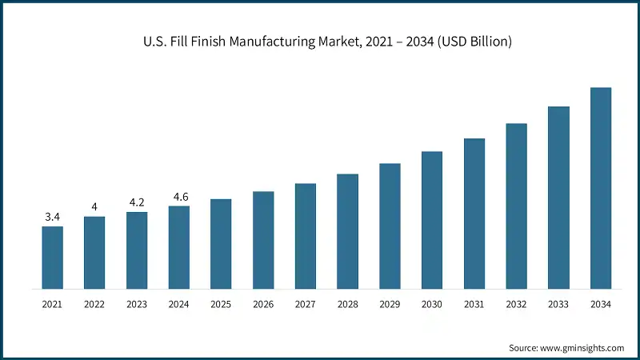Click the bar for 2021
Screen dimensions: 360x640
53,258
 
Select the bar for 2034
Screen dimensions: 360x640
601,188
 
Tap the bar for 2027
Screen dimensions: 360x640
306,236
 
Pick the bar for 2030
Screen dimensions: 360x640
432,220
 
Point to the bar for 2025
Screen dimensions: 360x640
221,244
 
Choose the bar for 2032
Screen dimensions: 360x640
516,206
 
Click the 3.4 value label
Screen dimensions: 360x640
53,217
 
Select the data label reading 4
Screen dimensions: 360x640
94,207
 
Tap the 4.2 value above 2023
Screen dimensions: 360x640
137,202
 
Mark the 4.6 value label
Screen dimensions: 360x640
179,197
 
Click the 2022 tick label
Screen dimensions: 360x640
94,305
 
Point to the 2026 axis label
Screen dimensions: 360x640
263,305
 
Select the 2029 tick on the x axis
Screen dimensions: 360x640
390,305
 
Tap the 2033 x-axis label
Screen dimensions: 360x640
558,305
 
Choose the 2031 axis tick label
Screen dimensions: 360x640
474,305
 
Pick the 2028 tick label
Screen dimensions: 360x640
348,305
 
